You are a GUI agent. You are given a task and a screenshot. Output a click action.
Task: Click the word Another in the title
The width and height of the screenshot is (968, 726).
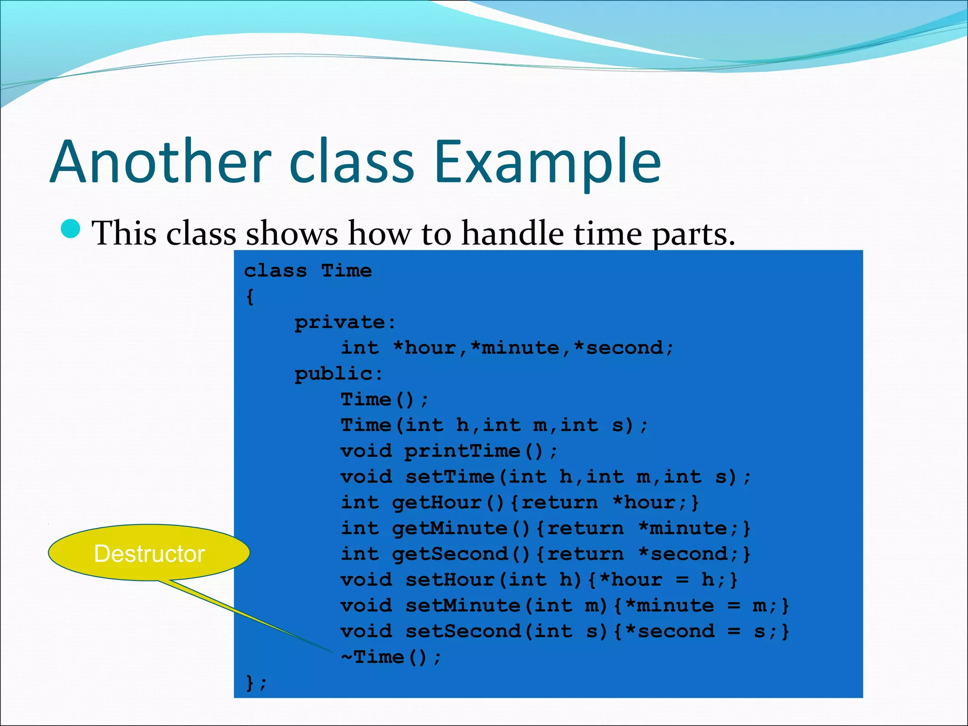click(161, 162)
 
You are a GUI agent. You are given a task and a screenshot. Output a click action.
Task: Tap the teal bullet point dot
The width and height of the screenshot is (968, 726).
click(71, 229)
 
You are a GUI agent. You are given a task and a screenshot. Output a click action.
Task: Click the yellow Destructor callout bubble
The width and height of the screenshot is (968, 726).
click(149, 553)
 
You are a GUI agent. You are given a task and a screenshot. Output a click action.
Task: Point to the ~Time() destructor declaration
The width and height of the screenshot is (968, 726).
click(391, 657)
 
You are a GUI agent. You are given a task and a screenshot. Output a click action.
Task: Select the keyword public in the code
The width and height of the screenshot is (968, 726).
click(334, 374)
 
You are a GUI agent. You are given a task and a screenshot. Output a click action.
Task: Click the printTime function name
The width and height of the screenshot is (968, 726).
click(462, 451)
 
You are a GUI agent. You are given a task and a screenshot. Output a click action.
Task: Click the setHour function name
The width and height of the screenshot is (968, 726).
click(449, 579)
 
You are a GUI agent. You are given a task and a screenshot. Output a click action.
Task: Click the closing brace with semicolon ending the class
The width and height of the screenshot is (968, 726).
click(256, 683)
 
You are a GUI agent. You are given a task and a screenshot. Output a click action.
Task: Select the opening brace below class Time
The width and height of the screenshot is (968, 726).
click(250, 297)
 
